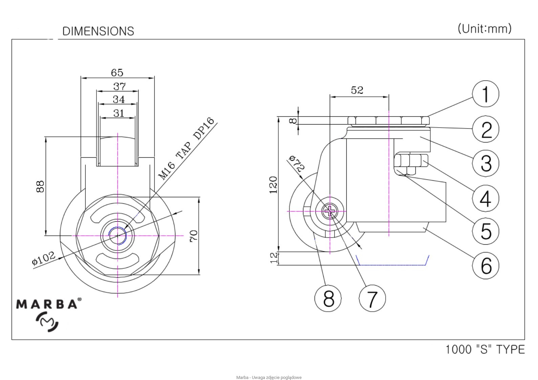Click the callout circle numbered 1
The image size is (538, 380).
[485, 94]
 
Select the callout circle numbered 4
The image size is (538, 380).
[485, 198]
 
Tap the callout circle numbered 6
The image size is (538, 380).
[485, 266]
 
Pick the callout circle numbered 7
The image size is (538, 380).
[372, 298]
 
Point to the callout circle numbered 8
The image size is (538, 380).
[328, 298]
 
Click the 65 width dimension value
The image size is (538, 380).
[117, 72]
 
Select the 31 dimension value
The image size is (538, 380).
[119, 113]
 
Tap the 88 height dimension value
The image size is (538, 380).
[40, 186]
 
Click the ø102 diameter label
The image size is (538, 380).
[43, 259]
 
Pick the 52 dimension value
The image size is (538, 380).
[357, 90]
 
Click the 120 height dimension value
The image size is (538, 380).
[273, 185]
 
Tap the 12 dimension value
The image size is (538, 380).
[274, 258]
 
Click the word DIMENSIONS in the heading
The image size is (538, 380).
[98, 31]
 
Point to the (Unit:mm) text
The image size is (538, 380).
[485, 28]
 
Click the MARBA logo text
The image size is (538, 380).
[46, 304]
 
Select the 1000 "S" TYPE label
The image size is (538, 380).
[485, 349]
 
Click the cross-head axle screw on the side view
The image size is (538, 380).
[329, 211]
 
